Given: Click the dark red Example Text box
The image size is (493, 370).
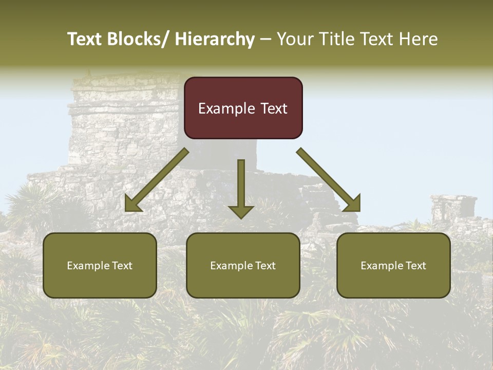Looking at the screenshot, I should (243, 108).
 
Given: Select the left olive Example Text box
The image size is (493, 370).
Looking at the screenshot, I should (100, 265).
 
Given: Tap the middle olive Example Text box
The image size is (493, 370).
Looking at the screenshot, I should (243, 265).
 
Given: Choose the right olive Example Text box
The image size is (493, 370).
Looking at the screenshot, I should (393, 265).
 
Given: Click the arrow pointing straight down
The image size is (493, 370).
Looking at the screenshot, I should (241, 188).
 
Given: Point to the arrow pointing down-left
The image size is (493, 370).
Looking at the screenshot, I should (157, 180).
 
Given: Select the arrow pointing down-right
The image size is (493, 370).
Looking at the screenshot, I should (329, 180).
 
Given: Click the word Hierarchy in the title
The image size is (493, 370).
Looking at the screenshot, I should (215, 39).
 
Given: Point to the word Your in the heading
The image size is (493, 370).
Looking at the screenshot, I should (293, 39).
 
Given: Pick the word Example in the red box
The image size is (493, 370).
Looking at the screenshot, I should (226, 108).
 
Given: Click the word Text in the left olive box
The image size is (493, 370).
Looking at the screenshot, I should (122, 266).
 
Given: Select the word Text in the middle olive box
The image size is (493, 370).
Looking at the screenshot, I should (266, 266).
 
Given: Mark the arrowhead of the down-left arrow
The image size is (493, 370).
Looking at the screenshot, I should (132, 204).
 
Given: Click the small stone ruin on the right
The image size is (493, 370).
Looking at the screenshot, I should (453, 208).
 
